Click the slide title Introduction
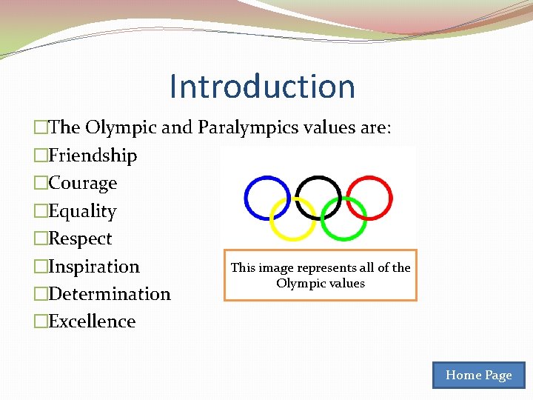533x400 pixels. [x=262, y=86]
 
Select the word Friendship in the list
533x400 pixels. [x=93, y=156]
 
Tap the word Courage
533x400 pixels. [x=82, y=183]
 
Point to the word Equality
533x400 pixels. [x=82, y=211]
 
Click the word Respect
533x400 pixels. [x=80, y=239]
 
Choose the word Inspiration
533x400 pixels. [x=93, y=266]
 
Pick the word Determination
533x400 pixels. [x=109, y=294]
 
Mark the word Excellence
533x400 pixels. [x=92, y=321]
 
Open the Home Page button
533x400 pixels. [x=478, y=375]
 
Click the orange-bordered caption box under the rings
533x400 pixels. [x=321, y=275]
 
